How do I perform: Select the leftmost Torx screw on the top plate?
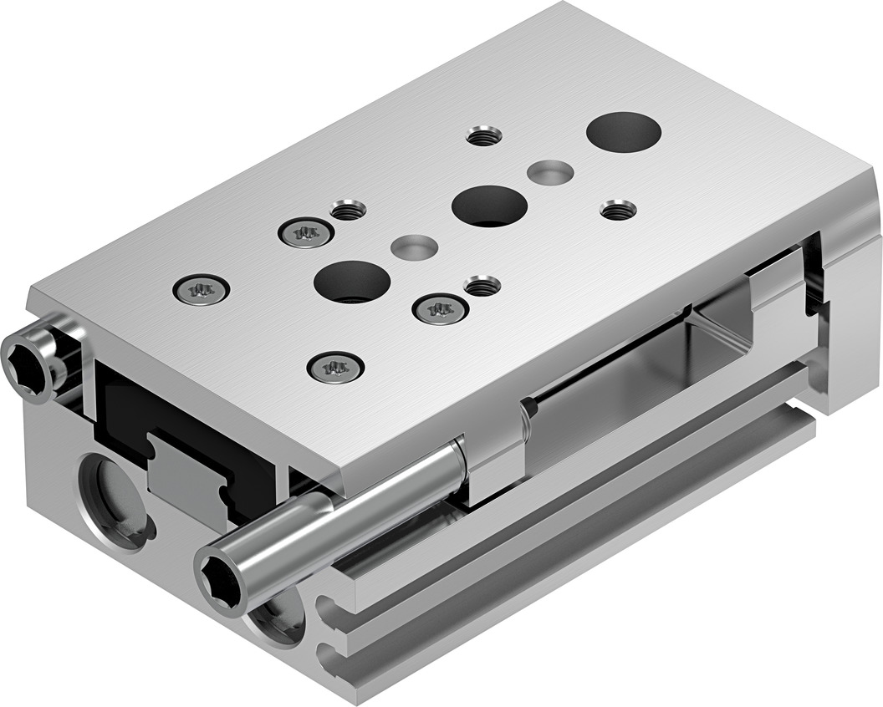201,290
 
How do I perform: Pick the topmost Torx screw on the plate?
304,232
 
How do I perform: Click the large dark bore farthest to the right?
624,132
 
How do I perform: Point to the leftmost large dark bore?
353,281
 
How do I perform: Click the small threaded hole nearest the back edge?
484,135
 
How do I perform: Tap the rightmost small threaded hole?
618,209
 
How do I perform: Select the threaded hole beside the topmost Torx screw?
348,209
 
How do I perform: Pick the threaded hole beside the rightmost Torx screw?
482,285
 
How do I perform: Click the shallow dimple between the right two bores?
550,172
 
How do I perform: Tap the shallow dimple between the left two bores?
415,247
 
